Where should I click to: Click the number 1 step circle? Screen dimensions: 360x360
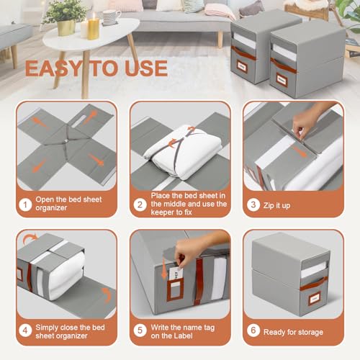25,204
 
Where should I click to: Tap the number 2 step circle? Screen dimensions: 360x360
140,204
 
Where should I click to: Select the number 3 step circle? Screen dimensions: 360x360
253,204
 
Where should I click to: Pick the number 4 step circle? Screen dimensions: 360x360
25,330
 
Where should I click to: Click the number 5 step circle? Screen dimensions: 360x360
140,330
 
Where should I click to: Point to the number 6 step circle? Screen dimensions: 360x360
253,330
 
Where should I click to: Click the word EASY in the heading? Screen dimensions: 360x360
53,68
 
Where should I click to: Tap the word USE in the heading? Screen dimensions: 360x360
146,68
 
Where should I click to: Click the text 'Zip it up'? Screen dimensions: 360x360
276,206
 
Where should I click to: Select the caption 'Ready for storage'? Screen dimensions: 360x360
293,332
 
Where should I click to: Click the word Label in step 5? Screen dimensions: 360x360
183,336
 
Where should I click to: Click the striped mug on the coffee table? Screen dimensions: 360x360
111,17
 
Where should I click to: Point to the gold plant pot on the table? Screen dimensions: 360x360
66,27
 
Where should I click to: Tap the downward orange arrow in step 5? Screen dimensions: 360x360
164,269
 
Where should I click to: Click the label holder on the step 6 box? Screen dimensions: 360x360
315,299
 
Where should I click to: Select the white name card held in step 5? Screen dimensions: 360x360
176,274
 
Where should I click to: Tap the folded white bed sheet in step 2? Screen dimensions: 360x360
183,152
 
